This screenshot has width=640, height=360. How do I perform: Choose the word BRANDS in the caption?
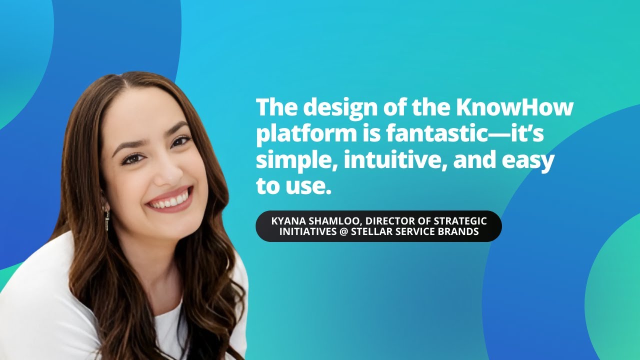tap(459, 232)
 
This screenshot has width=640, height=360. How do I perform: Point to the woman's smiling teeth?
tap(170, 201)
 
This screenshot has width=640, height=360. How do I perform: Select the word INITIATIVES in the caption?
tap(307, 232)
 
